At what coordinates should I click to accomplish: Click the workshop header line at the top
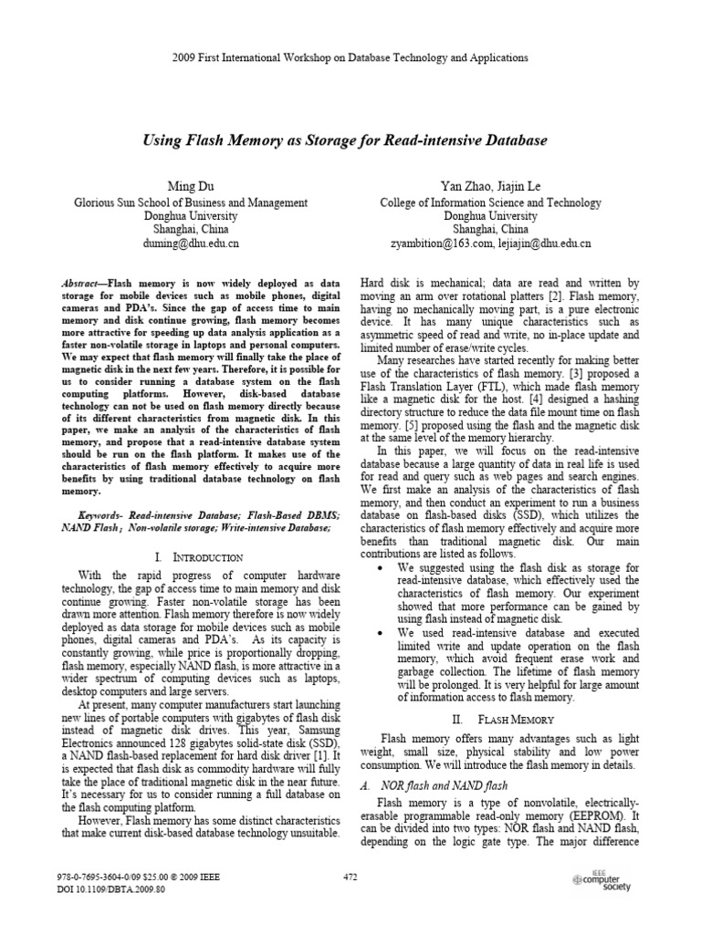[x=350, y=57]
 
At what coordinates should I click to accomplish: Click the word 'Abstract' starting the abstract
[x=80, y=285]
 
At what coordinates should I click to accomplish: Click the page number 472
[x=350, y=877]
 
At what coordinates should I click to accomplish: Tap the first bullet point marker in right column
[x=380, y=568]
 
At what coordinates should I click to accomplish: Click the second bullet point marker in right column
[x=380, y=632]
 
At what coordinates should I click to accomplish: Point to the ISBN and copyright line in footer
[x=137, y=877]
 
